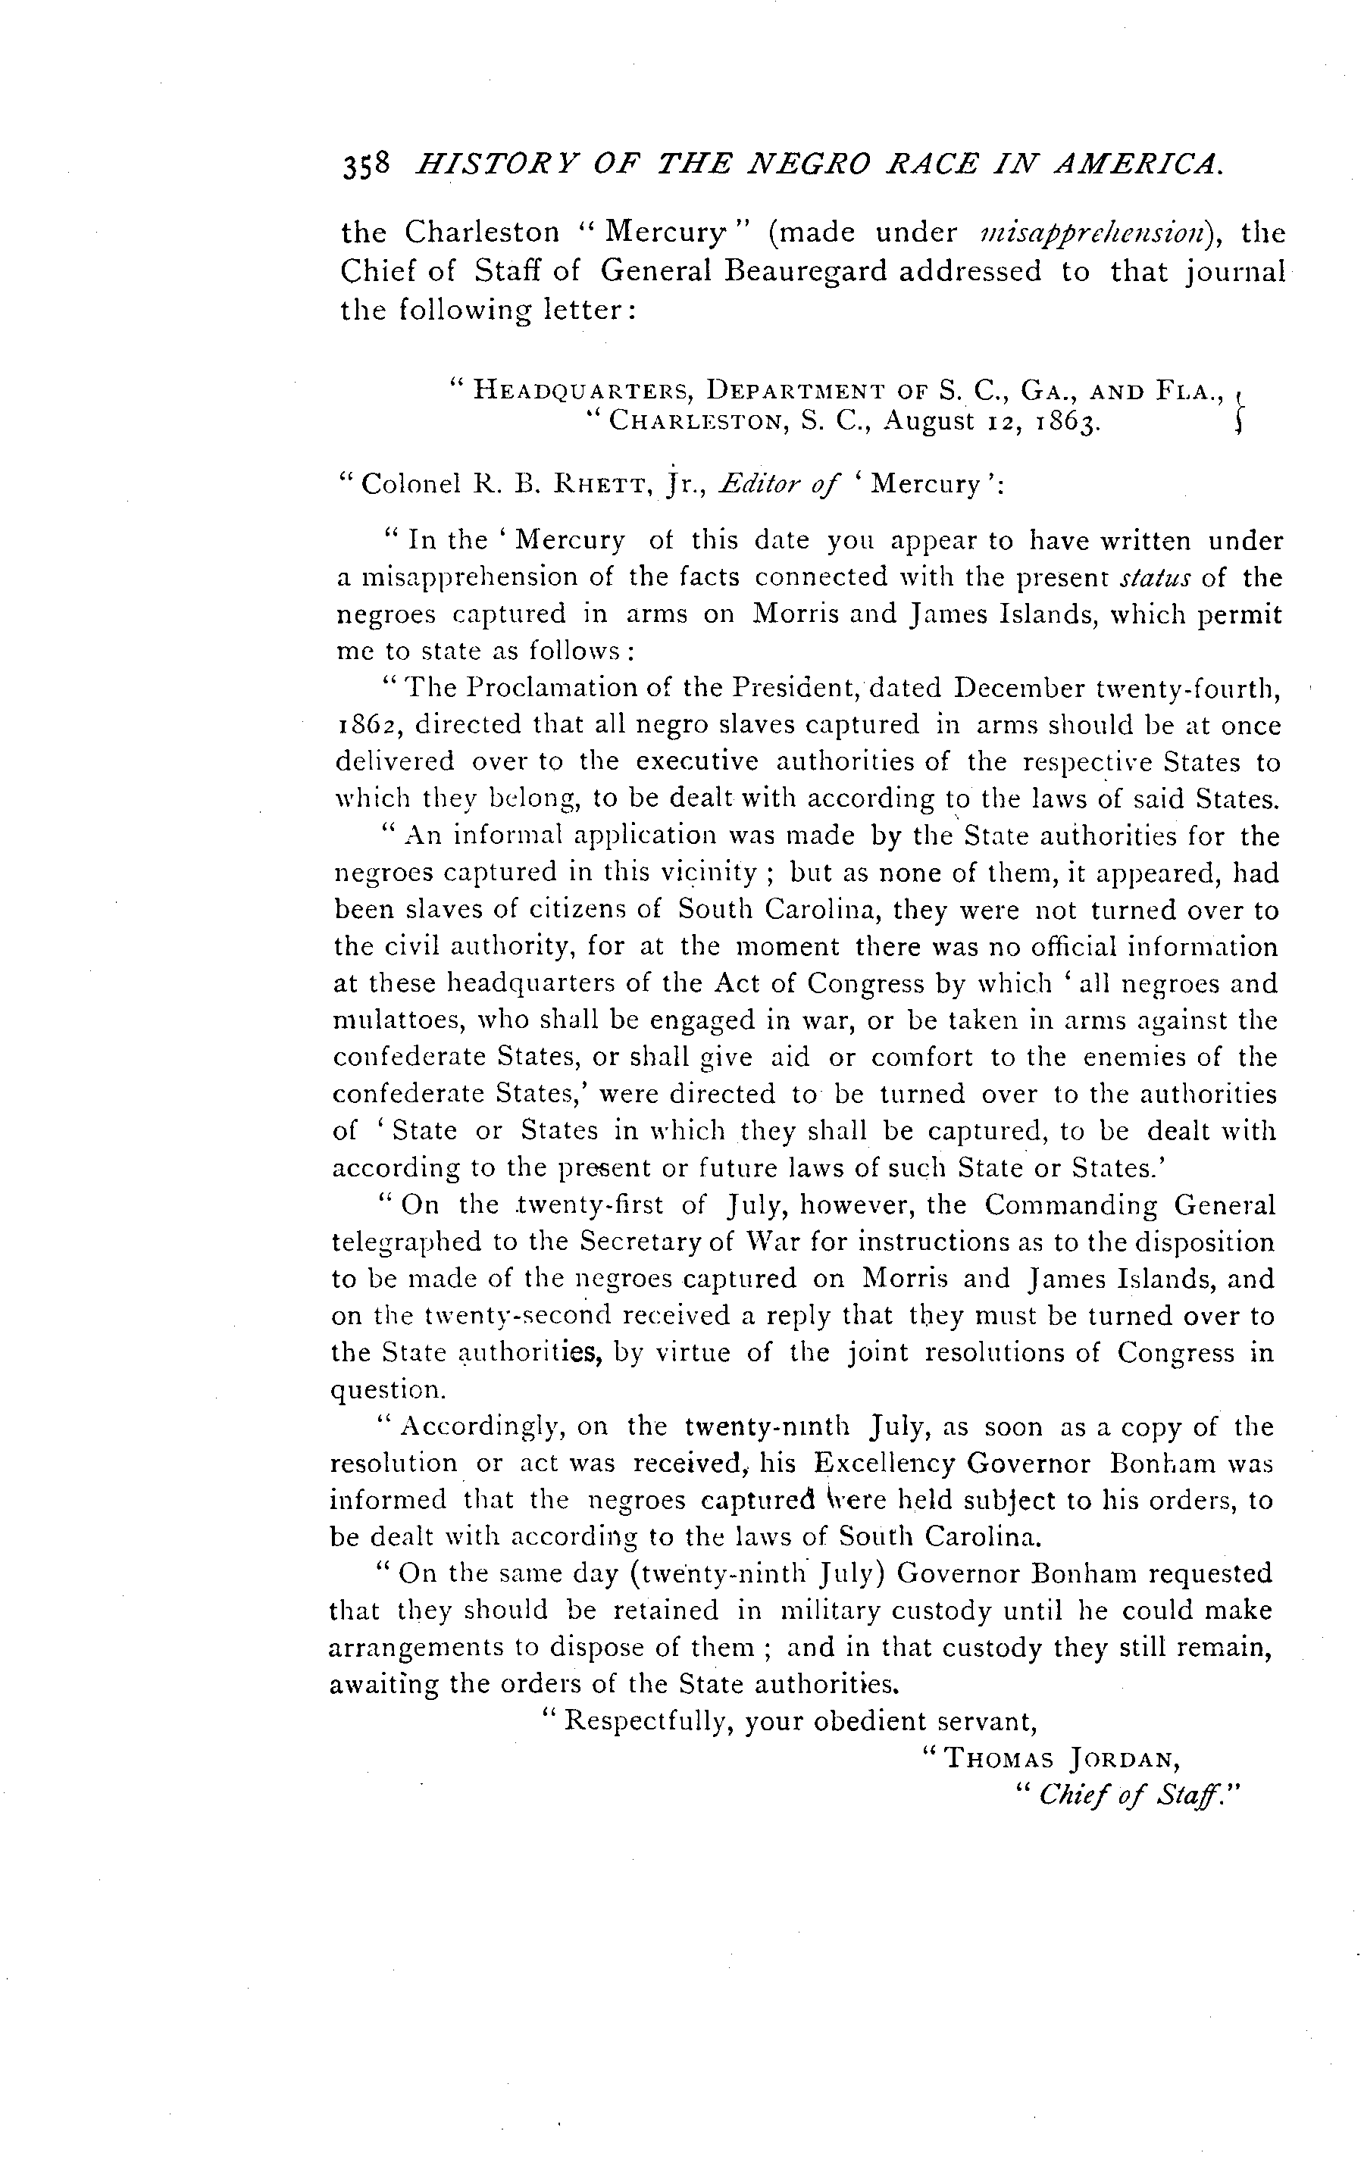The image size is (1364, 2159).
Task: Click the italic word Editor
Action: point(758,484)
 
